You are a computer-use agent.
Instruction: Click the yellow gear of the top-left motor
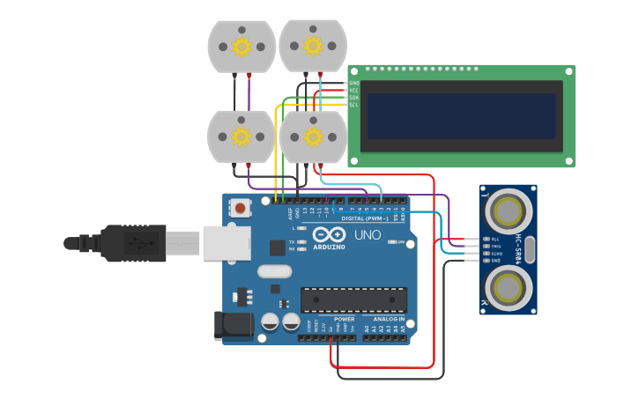[x=241, y=46]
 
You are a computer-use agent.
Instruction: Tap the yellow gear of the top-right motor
[x=313, y=45]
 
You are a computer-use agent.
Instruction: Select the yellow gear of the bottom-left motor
[x=241, y=136]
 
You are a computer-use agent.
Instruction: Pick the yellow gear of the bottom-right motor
[x=313, y=136]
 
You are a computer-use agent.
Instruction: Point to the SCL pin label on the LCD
[x=353, y=105]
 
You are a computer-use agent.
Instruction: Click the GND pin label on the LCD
[x=353, y=83]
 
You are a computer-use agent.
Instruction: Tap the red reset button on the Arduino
[x=240, y=209]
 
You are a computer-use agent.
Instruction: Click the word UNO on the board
[x=368, y=235]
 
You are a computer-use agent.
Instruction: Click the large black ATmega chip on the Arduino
[x=353, y=299]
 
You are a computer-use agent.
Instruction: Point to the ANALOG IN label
[x=389, y=320]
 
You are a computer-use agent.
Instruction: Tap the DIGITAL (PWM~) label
[x=364, y=218]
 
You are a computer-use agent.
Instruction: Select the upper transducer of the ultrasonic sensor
[x=509, y=211]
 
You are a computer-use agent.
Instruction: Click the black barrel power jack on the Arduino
[x=234, y=324]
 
